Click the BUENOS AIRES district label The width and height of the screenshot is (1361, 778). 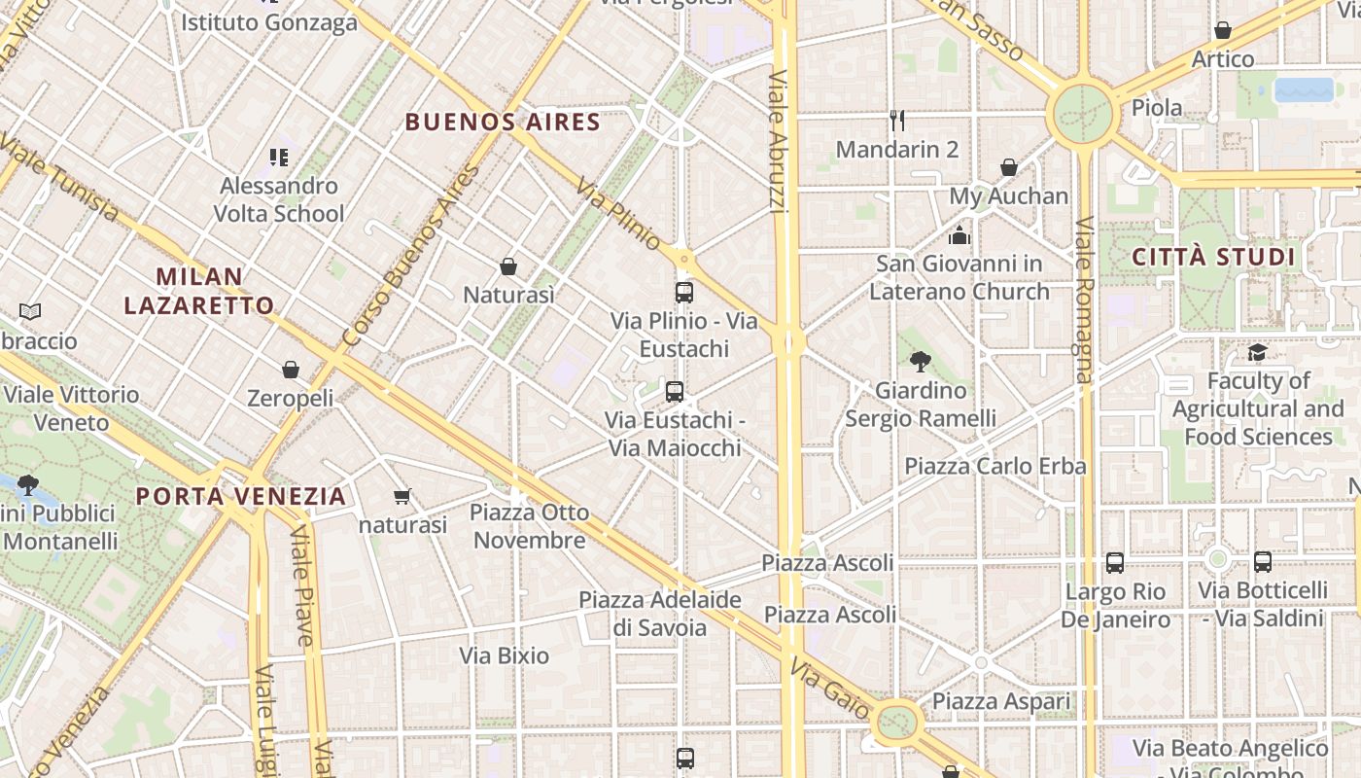click(x=503, y=123)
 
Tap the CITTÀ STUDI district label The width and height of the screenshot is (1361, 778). click(x=1213, y=258)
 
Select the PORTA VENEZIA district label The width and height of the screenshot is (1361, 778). click(x=240, y=496)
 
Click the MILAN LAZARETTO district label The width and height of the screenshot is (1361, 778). click(x=199, y=291)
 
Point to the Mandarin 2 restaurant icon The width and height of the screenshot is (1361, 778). click(x=897, y=121)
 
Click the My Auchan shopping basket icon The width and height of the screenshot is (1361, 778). click(x=1009, y=167)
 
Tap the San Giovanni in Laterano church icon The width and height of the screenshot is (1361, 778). click(x=960, y=235)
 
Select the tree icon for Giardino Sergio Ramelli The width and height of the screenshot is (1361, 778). click(x=920, y=363)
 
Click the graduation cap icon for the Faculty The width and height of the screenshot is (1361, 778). click(x=1258, y=352)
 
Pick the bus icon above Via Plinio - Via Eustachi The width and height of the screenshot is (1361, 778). click(x=683, y=292)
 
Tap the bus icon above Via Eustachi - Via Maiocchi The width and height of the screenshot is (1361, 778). click(x=675, y=392)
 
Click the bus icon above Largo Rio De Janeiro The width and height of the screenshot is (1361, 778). click(x=1114, y=562)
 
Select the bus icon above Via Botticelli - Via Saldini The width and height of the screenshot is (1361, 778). click(x=1262, y=561)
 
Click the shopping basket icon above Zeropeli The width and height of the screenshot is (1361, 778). click(x=290, y=370)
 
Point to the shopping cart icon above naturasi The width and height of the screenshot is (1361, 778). click(x=402, y=497)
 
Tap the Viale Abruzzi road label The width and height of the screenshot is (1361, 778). click(x=778, y=141)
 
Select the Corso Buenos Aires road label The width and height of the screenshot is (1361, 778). click(x=411, y=256)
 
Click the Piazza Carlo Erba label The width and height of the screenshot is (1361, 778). click(x=995, y=466)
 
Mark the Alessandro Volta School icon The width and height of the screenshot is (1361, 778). click(x=279, y=157)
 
